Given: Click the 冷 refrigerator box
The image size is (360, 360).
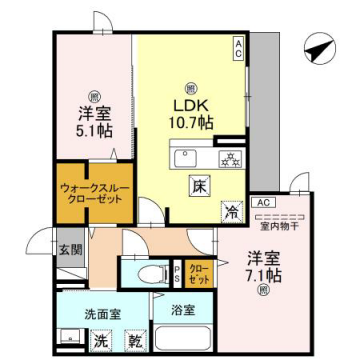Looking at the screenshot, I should click(x=230, y=211).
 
